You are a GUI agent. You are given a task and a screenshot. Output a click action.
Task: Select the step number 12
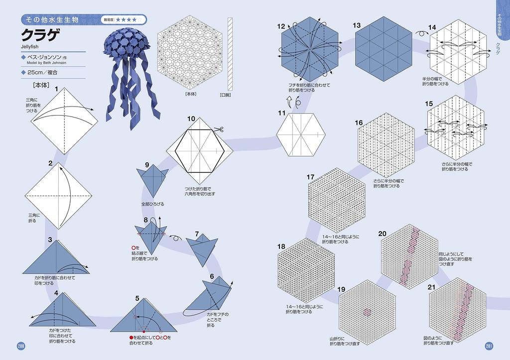click(x=281, y=26)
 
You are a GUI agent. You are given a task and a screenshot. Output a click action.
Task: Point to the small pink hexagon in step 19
click(x=367, y=312)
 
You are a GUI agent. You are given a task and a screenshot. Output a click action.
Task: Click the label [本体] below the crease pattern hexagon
click(x=190, y=94)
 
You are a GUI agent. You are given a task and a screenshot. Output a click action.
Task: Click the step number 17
click(x=310, y=177)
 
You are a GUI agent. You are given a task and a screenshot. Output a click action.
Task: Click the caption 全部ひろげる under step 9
click(x=153, y=205)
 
